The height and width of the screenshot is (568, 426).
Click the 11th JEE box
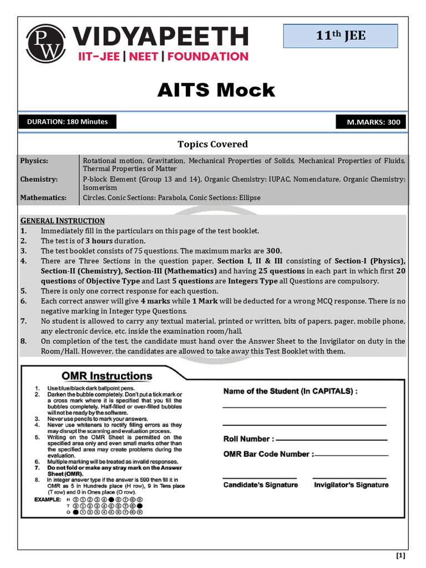341,36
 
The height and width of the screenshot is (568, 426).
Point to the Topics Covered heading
212,144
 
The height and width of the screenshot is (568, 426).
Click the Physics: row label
34,161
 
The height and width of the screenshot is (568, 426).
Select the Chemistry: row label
38,180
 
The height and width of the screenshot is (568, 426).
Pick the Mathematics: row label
43,197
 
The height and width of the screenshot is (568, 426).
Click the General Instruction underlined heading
62,221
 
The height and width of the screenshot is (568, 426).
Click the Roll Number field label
248,439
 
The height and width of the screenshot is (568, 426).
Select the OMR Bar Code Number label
268,454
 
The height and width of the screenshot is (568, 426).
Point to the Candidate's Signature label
260,485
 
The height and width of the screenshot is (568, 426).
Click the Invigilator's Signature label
351,485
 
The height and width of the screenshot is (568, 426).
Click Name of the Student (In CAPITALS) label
290,391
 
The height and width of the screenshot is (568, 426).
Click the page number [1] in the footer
400,556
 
